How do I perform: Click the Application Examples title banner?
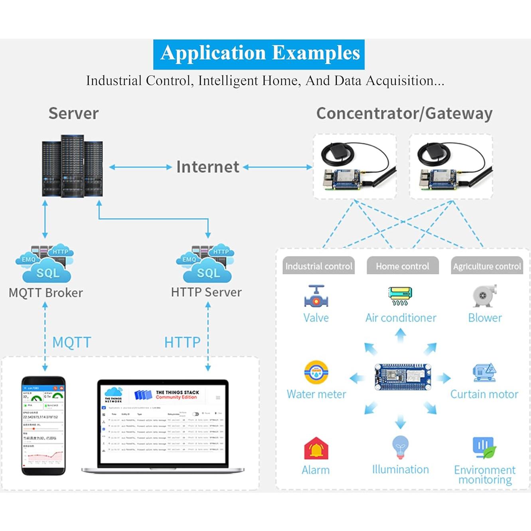pyautogui.click(x=259, y=54)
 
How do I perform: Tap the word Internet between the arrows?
pyautogui.click(x=207, y=167)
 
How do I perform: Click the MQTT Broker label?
pyautogui.click(x=45, y=292)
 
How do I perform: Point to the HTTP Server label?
pyautogui.click(x=206, y=292)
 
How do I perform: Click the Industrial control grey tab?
pyautogui.click(x=318, y=266)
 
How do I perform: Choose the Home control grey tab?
pyautogui.click(x=402, y=266)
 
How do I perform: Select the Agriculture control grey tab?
pyautogui.click(x=487, y=266)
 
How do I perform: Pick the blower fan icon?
pyautogui.click(x=484, y=296)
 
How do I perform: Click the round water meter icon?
pyautogui.click(x=316, y=373)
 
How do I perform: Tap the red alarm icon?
pyautogui.click(x=316, y=448)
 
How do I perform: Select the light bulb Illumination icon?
pyautogui.click(x=400, y=447)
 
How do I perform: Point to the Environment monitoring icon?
pyautogui.click(x=484, y=448)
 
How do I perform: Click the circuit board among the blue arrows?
pyautogui.click(x=403, y=376)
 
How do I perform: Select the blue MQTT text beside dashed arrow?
pyautogui.click(x=72, y=342)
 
